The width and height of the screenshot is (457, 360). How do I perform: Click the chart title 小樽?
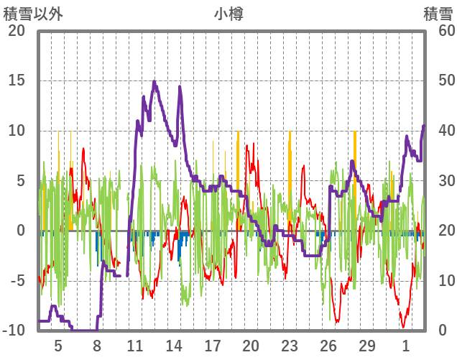coord(228,14)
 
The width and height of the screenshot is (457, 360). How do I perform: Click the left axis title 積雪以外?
coord(33,14)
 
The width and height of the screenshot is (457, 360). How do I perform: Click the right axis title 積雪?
coord(438,14)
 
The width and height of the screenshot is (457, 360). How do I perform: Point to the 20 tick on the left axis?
coord(17,31)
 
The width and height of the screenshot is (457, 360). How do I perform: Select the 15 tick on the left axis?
coord(17,80)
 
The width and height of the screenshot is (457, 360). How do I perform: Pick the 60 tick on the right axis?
coord(439,31)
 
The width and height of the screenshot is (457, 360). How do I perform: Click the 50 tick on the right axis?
coord(439,80)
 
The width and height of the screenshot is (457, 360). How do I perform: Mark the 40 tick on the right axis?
coord(439,131)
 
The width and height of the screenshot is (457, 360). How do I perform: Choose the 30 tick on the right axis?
coord(439,181)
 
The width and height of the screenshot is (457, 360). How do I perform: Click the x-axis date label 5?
coord(58,346)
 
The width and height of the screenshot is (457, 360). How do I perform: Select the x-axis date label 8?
coord(97,346)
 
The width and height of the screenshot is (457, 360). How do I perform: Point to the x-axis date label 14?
coord(174,346)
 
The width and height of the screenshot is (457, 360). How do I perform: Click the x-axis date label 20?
coord(251,346)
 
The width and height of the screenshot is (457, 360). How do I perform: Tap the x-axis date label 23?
coord(290,346)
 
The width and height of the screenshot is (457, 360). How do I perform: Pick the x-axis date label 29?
coord(366,346)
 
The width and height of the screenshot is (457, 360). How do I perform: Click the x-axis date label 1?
coord(405,346)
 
